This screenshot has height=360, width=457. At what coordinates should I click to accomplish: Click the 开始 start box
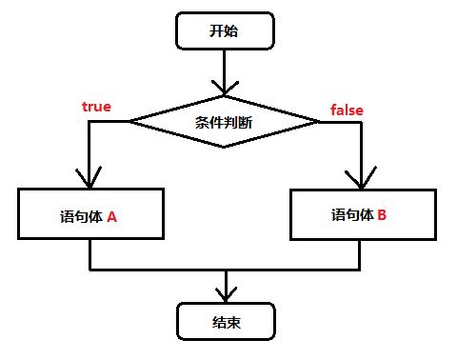[224, 30]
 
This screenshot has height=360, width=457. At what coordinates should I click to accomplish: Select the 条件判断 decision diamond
[224, 121]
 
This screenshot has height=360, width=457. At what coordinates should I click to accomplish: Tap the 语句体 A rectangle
[90, 215]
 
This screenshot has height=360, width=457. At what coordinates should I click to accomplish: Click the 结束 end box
[226, 322]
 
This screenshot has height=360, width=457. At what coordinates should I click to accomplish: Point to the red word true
[96, 107]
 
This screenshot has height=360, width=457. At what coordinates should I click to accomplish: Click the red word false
[347, 110]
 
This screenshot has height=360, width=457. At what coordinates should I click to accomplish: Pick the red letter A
[111, 216]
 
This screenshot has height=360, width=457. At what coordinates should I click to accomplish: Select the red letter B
[381, 215]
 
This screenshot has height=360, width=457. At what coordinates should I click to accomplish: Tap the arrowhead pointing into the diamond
[224, 87]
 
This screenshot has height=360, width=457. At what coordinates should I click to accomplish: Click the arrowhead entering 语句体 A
[89, 179]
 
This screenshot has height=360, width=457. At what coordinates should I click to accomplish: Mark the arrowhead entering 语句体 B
[361, 179]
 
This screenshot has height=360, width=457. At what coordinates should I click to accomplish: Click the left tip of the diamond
[130, 121]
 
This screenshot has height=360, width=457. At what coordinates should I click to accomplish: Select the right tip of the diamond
[318, 121]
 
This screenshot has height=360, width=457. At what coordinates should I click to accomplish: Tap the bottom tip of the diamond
[224, 147]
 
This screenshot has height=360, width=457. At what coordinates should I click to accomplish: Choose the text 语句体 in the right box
[350, 215]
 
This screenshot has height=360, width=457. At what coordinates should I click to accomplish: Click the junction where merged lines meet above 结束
[226, 269]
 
